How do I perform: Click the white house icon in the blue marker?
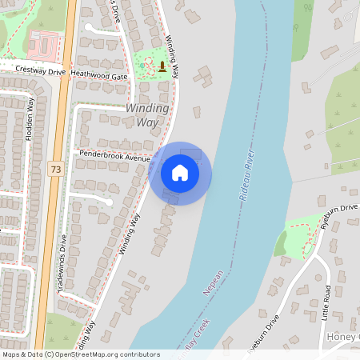(x=180, y=173)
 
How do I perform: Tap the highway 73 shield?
(x=55, y=169)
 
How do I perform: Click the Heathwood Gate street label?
(x=99, y=76)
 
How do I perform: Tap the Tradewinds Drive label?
(x=63, y=264)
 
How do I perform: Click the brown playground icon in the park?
(x=162, y=66)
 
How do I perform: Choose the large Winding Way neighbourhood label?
(x=147, y=114)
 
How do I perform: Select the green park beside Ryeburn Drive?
(x=301, y=231)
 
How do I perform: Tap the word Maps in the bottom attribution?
(x=12, y=354)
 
